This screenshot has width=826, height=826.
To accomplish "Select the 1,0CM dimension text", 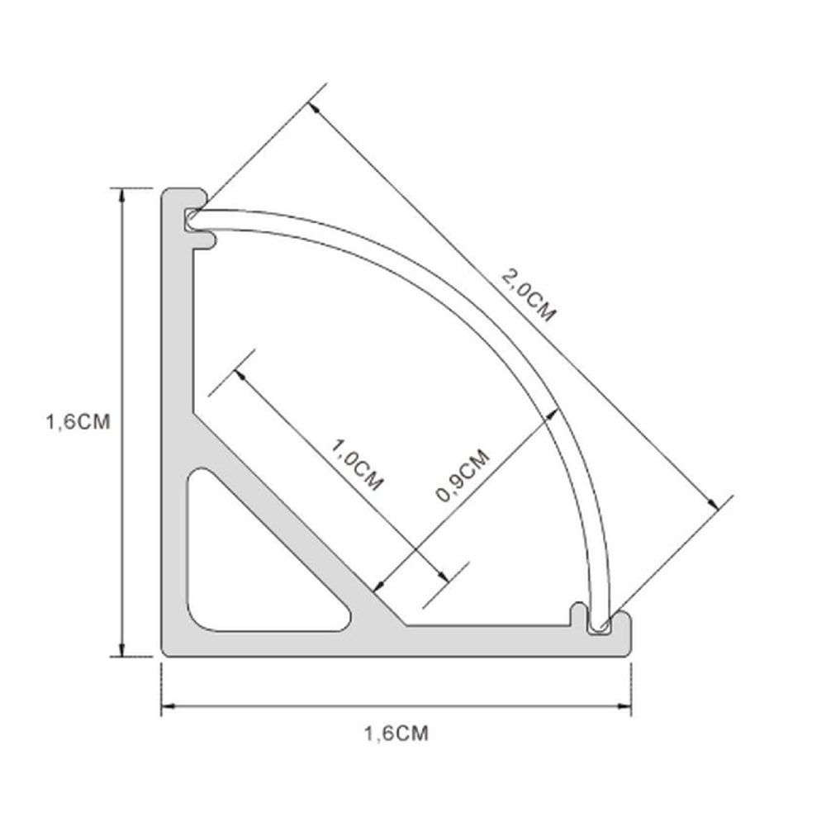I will (357, 464).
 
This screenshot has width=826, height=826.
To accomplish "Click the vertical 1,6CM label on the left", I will (78, 421).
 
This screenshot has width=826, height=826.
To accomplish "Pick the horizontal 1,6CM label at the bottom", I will (396, 732).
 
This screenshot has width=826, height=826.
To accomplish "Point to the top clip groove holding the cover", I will (192, 219).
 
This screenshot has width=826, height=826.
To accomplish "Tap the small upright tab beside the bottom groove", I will (578, 614).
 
